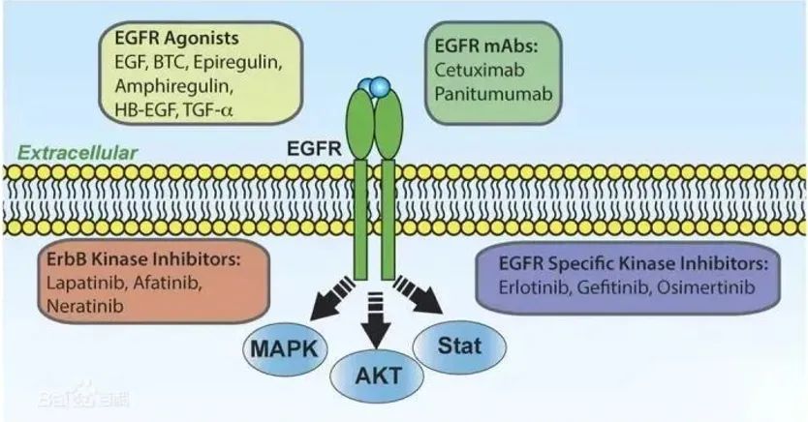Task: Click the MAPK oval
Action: coord(286,348)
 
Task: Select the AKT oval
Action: coord(377,376)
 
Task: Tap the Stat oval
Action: coord(459,346)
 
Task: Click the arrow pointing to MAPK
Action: coord(335,296)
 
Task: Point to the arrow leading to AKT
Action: coord(376,320)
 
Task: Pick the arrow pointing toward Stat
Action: coord(418,295)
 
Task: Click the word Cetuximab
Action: coord(480,70)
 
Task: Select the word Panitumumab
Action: coord(493,94)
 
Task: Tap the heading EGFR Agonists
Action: coord(176,39)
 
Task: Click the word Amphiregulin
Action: coord(173,86)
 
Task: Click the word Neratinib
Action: coord(85,306)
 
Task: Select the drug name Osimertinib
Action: coord(705,287)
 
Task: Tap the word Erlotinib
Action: coord(535,287)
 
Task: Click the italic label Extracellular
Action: coord(78,153)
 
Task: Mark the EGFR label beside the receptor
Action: coord(314,149)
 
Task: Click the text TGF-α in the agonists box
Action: coord(205,110)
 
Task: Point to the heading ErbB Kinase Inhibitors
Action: coord(143,259)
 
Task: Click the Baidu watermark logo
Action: coord(83,397)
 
